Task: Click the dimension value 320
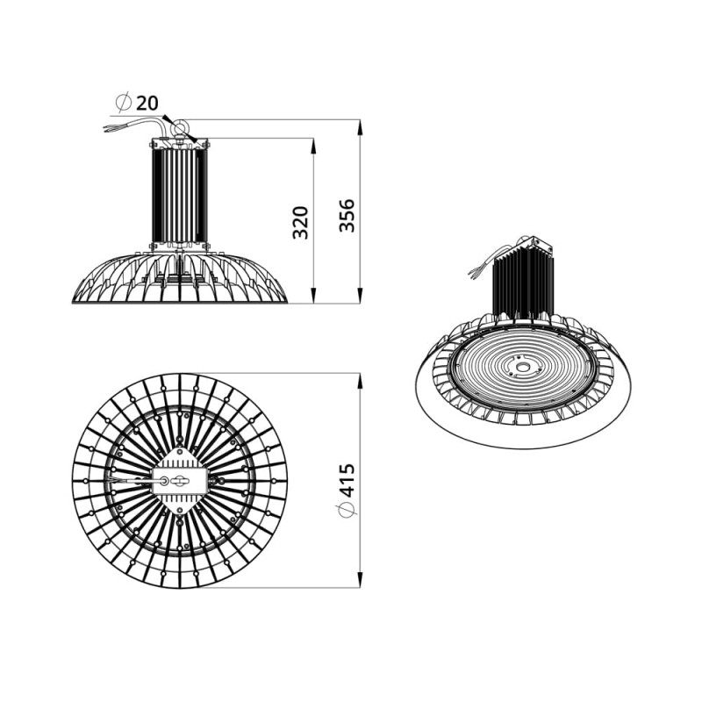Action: (x=300, y=222)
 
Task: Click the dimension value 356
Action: (x=347, y=215)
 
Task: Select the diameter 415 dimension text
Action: (x=347, y=480)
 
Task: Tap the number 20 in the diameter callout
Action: (x=147, y=104)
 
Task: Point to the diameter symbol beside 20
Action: (x=123, y=103)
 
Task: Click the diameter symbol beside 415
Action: (x=347, y=510)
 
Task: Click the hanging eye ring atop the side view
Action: (x=179, y=127)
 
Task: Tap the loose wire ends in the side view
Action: (x=111, y=127)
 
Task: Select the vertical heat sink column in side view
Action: (x=180, y=195)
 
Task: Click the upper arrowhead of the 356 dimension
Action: (x=359, y=126)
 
